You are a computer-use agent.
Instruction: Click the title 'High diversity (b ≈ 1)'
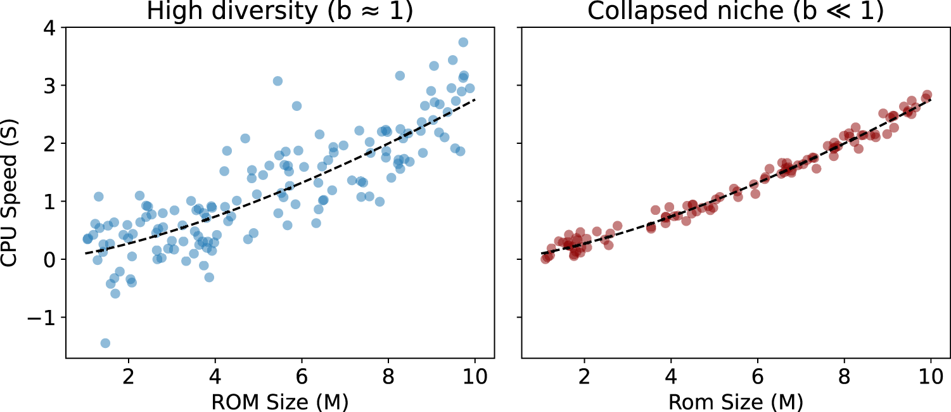click(x=280, y=11)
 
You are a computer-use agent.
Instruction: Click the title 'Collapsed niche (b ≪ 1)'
click(x=736, y=11)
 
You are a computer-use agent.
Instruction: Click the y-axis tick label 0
click(x=48, y=259)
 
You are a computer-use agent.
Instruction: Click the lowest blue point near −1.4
click(x=105, y=343)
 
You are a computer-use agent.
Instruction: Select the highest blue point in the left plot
click(x=463, y=42)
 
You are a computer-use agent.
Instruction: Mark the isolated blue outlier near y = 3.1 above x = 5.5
click(x=278, y=80)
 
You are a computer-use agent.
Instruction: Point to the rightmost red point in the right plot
click(x=926, y=94)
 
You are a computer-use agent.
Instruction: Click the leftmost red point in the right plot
click(x=546, y=259)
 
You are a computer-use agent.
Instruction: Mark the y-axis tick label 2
click(x=48, y=143)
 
